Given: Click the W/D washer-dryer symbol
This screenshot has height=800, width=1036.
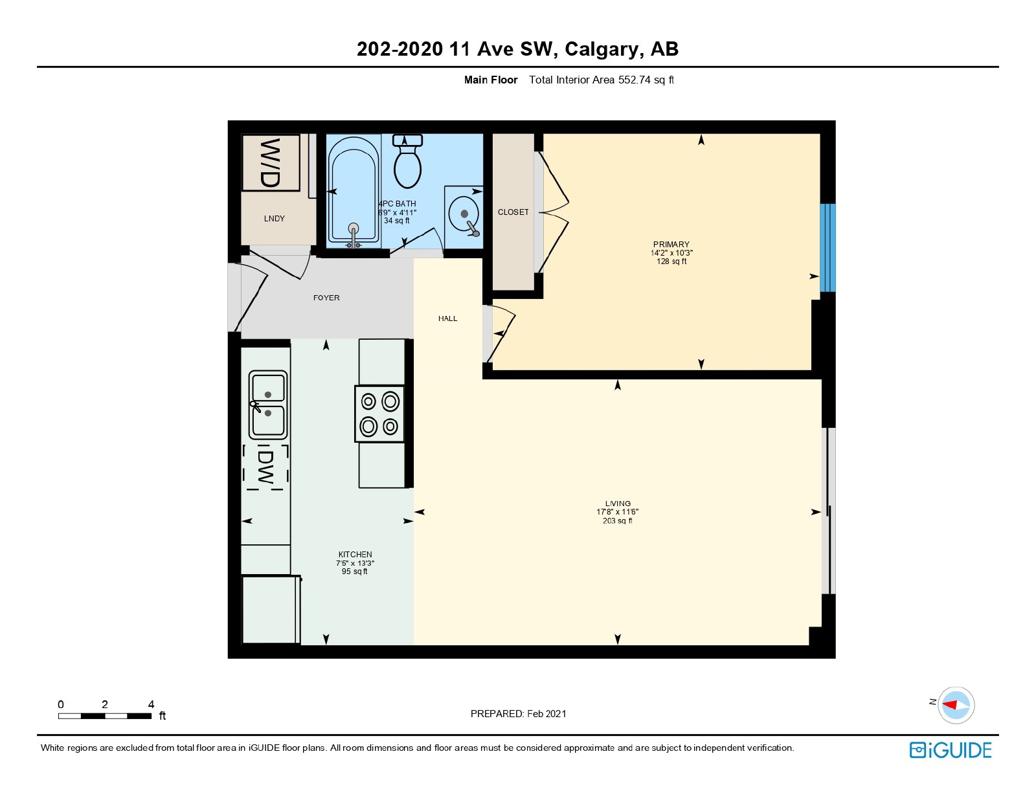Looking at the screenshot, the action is (271, 162).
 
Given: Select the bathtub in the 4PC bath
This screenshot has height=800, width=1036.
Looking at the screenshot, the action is (354, 192).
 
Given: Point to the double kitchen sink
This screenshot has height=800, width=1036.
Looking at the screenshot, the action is (268, 405).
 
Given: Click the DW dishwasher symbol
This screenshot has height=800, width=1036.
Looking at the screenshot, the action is (265, 467).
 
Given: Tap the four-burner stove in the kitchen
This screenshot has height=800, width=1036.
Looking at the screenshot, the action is (379, 414).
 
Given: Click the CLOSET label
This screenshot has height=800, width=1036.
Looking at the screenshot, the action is (513, 212).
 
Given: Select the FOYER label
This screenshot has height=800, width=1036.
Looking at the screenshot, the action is (326, 298).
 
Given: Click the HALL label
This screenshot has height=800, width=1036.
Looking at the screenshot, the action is (447, 318).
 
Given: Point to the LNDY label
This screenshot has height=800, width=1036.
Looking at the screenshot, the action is (274, 219).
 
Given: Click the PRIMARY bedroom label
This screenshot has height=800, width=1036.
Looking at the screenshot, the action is (671, 245).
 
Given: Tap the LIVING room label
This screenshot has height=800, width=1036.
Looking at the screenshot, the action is (618, 504).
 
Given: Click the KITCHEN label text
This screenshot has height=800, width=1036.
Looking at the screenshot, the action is (355, 555).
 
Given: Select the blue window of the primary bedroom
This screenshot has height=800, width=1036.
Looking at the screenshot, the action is (828, 248).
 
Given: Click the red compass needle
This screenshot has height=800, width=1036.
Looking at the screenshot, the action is (950, 705).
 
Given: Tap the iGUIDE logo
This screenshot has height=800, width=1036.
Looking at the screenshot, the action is (951, 750).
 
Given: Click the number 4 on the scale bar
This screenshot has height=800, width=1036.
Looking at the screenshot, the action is (151, 704).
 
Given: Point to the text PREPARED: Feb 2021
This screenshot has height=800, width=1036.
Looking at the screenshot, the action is (518, 714).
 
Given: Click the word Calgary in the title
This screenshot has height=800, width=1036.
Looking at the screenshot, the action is (602, 50).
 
